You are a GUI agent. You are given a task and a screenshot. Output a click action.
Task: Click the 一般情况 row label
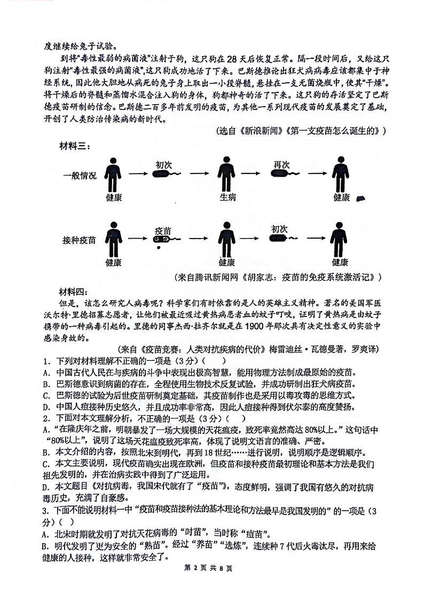(x=80, y=176)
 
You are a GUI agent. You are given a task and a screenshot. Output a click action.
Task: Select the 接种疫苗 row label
(x=80, y=240)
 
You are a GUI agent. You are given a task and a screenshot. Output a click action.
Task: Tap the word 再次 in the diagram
(x=281, y=164)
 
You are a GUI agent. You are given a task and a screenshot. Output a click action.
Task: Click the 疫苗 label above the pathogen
(x=163, y=230)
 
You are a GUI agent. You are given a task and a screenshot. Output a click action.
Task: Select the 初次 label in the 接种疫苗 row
(x=279, y=229)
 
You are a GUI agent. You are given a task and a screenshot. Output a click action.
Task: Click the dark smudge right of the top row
(x=361, y=199)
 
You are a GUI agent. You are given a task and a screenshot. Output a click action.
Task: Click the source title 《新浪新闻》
(x=257, y=131)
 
